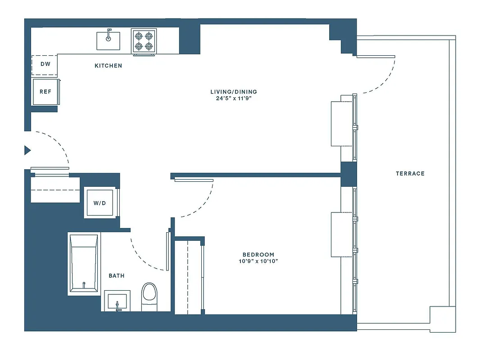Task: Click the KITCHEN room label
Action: [108, 66]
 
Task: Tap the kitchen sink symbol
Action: [108, 40]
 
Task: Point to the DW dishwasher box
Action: [45, 64]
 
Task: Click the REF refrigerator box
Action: [45, 92]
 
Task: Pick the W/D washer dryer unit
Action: [100, 203]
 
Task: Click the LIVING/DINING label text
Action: [234, 92]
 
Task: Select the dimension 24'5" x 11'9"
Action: [234, 99]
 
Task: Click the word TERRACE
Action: [410, 174]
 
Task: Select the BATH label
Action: [117, 275]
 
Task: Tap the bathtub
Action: [84, 263]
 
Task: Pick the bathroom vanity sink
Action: [118, 300]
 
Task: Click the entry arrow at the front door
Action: [27, 150]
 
